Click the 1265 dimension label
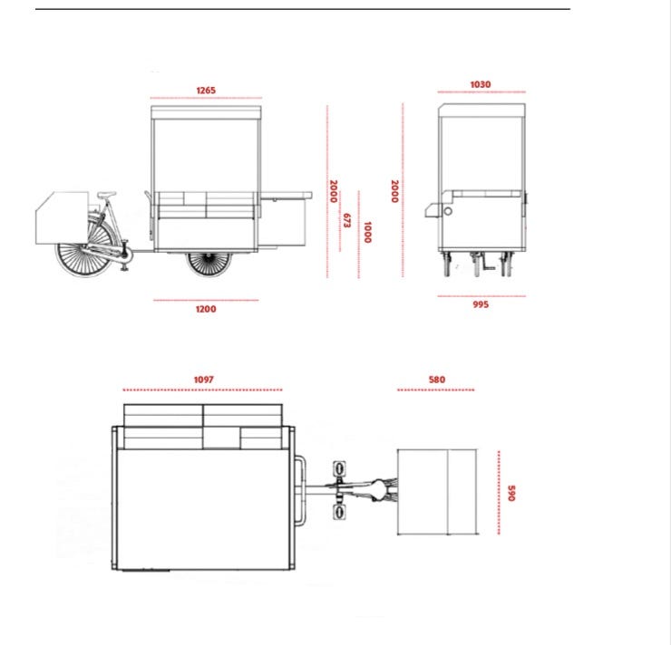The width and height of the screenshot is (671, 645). coord(206,91)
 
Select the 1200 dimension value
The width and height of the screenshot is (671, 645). coord(206,309)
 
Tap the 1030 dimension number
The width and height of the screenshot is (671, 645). coord(481,84)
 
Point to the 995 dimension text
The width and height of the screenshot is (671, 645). coord(481,304)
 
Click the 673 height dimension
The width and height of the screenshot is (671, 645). coord(346,220)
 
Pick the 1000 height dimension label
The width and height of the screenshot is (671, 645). coord(367,232)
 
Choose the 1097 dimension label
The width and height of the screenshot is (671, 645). coord(203,380)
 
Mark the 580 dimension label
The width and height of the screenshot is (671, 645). coord(436,380)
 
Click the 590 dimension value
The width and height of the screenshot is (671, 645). coord(511,493)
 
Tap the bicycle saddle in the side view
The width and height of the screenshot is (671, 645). coord(107,195)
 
